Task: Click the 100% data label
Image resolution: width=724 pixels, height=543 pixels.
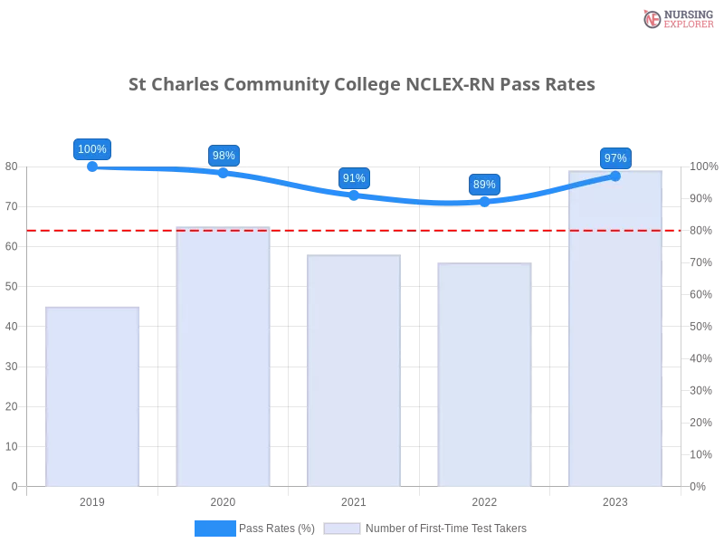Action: (92, 149)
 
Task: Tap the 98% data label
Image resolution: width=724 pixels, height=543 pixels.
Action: (223, 156)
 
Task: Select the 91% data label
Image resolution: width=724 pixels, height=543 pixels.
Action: (354, 178)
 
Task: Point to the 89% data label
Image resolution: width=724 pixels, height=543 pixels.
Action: (484, 185)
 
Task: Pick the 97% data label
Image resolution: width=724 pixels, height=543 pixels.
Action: (614, 158)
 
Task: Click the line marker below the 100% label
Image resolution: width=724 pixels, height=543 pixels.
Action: (92, 167)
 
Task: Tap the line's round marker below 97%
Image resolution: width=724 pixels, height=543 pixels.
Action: (615, 176)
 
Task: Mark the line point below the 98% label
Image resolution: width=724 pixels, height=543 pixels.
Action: (223, 171)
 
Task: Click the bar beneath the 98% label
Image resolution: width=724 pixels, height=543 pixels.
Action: (224, 357)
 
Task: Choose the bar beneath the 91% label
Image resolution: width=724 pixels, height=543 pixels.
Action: (354, 371)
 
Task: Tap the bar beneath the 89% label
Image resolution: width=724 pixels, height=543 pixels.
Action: (484, 375)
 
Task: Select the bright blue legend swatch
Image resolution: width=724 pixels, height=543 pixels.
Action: (214, 529)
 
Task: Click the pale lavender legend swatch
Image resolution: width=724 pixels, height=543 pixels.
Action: (342, 529)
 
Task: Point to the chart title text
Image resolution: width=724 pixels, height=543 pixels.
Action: (361, 85)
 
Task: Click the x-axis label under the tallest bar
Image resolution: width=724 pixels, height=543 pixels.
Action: (614, 500)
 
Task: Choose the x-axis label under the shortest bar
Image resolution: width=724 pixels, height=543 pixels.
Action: (93, 500)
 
